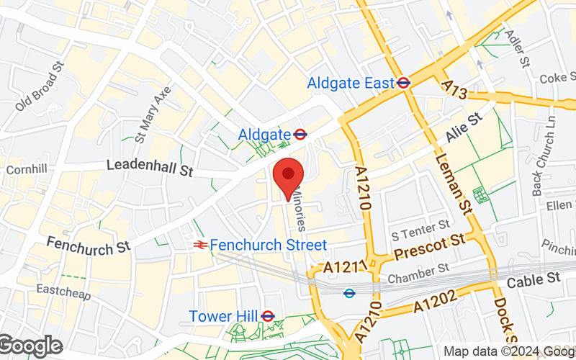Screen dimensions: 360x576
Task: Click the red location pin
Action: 289,176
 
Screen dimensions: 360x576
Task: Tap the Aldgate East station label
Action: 351,84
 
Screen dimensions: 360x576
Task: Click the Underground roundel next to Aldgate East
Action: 404,83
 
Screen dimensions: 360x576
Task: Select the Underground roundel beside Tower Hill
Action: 268,316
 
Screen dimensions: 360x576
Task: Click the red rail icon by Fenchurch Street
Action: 200,246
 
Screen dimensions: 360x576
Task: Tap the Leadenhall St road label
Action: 150,166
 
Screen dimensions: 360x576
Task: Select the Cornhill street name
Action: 26,171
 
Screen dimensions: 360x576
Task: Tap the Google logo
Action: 30,346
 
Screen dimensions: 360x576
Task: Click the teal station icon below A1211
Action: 350,293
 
